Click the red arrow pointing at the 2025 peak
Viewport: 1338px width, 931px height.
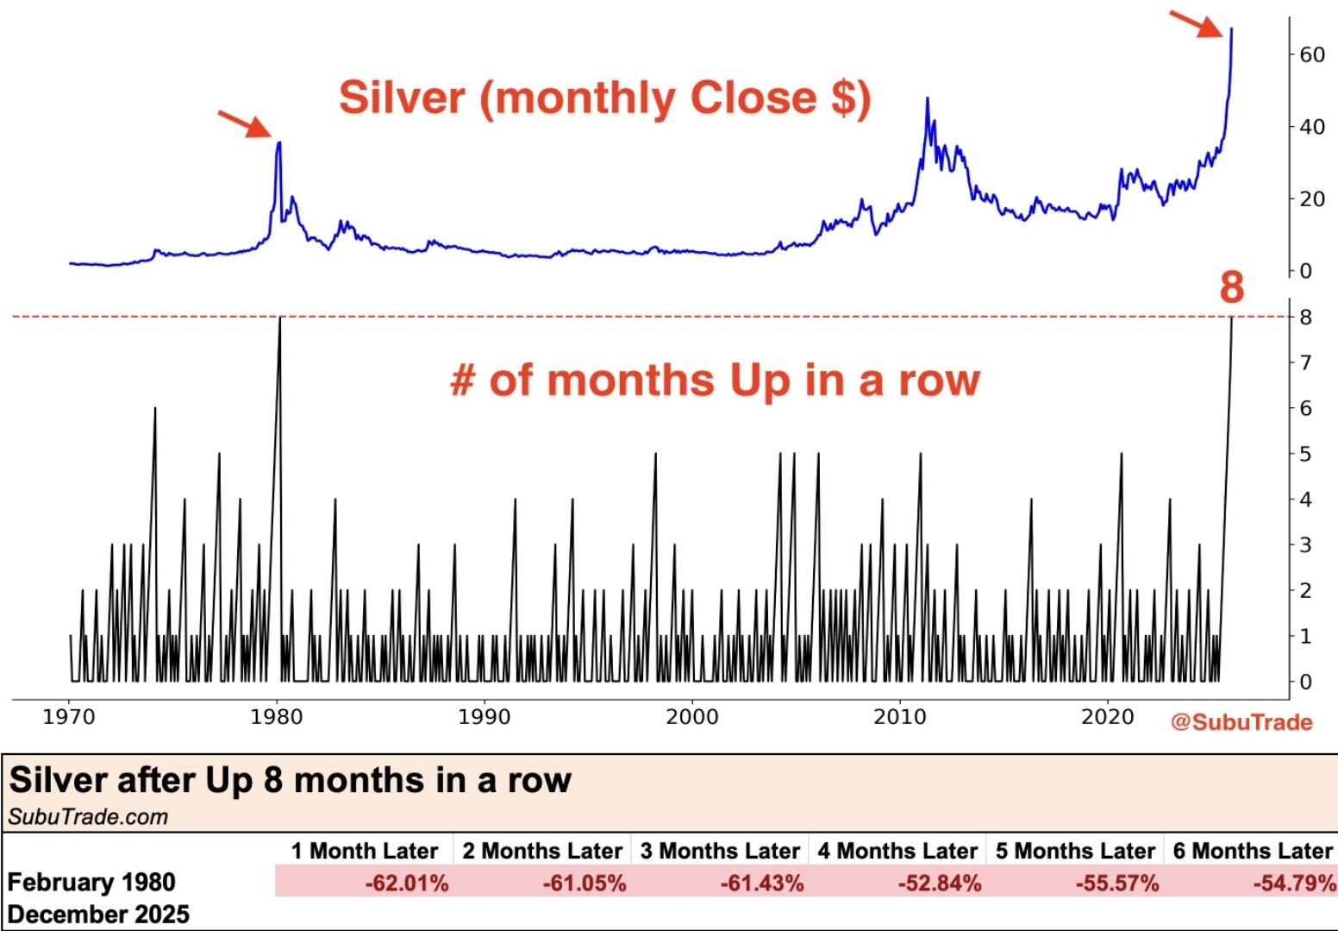coord(1196,23)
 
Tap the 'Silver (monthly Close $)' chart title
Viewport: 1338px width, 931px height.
coord(604,98)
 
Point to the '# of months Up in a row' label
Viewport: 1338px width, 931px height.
coord(715,380)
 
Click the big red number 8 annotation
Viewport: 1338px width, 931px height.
coord(1232,286)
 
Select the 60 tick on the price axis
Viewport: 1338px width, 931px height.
coord(1311,54)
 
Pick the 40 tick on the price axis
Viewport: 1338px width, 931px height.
coord(1311,127)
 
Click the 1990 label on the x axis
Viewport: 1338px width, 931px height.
coord(485,717)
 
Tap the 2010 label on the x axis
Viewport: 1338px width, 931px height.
coord(900,717)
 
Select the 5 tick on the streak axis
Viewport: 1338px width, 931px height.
coord(1305,454)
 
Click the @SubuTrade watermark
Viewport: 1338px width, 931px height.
coord(1241,722)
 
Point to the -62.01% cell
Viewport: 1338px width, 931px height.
coord(406,884)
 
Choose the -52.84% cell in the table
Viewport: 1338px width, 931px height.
coord(939,884)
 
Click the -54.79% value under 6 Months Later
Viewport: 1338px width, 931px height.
coord(1294,884)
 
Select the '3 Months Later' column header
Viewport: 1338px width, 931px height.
coord(720,852)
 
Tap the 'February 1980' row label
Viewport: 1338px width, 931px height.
coord(91,883)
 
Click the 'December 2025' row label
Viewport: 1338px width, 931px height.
coord(98,915)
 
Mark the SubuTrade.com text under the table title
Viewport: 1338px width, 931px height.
coord(88,817)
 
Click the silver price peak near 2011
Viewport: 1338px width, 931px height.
coord(928,99)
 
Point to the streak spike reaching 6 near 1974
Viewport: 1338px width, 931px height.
coord(155,409)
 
